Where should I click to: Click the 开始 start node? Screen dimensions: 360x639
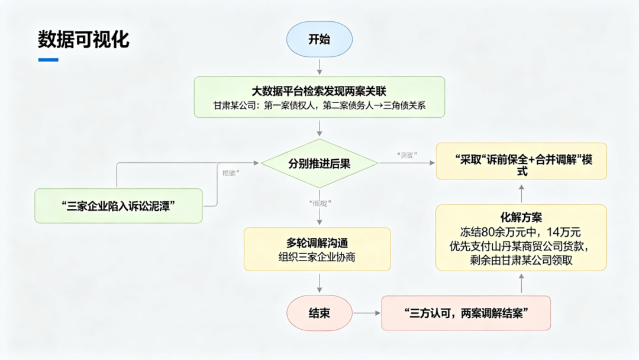[x=319, y=40]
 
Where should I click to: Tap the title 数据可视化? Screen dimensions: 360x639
[x=83, y=39]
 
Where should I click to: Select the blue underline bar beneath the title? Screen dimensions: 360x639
[x=49, y=60]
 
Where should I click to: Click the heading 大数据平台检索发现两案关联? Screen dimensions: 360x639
[x=319, y=91]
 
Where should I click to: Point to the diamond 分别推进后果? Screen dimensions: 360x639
[x=319, y=164]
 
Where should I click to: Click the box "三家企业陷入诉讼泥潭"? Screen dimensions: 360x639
[x=118, y=205]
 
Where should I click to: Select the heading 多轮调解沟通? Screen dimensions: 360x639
[x=317, y=243]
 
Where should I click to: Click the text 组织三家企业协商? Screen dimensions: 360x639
[x=317, y=258]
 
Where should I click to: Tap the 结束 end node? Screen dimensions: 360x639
[x=319, y=313]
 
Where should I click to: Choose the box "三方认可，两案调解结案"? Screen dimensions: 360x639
[x=466, y=313]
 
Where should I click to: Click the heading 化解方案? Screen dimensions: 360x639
[x=521, y=217]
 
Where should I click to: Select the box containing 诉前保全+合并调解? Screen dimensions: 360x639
[x=521, y=160]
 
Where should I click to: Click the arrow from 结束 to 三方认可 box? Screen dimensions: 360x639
[x=367, y=313]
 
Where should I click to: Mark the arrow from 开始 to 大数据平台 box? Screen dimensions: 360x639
[x=319, y=66]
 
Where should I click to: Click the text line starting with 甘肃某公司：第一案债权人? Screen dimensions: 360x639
[x=319, y=107]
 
